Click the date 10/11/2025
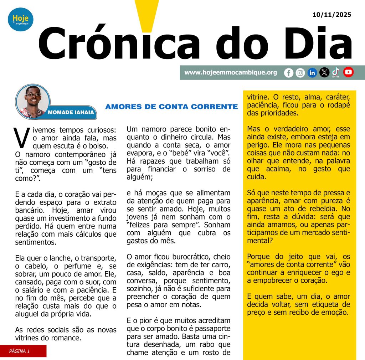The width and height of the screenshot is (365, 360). pyautogui.click(x=331, y=15)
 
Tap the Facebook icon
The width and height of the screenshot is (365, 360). pyautogui.click(x=289, y=73)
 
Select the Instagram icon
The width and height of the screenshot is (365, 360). pyautogui.click(x=300, y=73)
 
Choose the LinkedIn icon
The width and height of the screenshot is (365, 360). pyautogui.click(x=312, y=73)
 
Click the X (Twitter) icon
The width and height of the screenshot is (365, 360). pyautogui.click(x=324, y=73)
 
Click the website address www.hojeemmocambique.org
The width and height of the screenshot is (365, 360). pyautogui.click(x=231, y=72)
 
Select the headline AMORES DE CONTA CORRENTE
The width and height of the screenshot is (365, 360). pyautogui.click(x=171, y=107)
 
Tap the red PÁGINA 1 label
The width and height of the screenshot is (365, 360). pyautogui.click(x=23, y=351)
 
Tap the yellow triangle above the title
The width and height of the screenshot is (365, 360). pyautogui.click(x=148, y=14)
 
